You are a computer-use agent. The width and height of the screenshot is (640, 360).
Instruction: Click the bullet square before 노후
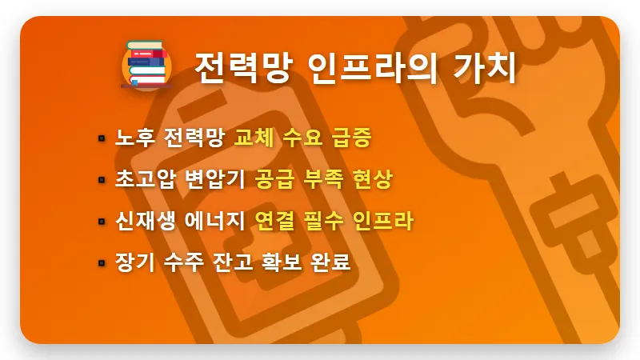coord(102,138)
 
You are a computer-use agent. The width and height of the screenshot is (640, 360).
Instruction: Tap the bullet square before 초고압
coord(102,180)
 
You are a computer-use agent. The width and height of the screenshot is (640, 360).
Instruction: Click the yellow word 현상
coord(372,179)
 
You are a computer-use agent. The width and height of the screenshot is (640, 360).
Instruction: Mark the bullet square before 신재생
coord(102,222)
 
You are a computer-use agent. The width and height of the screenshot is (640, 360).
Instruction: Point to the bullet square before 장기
coord(102,262)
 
